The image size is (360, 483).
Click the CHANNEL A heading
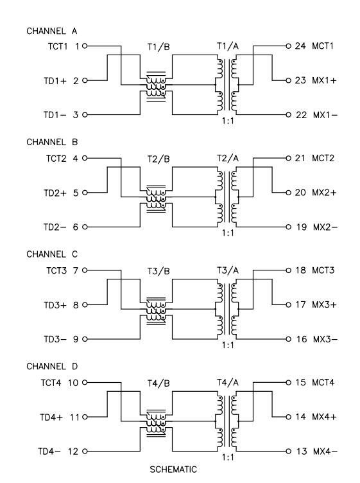coord(52,31)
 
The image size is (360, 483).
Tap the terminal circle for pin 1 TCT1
coord(85,46)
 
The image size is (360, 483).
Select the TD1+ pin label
coord(55,81)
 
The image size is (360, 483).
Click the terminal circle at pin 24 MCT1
coord(288,46)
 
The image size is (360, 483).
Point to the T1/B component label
coord(159,47)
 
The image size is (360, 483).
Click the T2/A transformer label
coord(228,159)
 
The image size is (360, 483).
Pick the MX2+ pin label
coord(324,193)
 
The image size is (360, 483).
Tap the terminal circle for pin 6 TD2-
coord(85,227)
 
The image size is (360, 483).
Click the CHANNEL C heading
coord(52,254)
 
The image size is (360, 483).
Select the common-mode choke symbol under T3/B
coord(156,311)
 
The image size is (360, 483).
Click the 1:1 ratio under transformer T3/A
coord(228,345)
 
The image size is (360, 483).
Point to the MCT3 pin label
coord(323,270)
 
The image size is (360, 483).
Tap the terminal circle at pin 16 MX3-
coord(288,339)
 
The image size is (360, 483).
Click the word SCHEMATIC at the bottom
coord(173,470)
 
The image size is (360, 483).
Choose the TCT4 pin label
coord(51,383)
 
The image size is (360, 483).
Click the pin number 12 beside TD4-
coord(73,452)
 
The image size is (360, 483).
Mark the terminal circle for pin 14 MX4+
coord(288,417)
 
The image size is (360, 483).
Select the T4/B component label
coord(159,383)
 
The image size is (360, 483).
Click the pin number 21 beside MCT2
coord(300,158)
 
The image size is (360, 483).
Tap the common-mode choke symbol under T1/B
coord(156,87)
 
